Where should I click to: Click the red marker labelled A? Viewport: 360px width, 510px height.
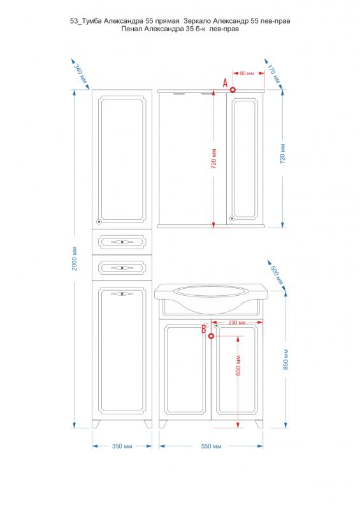(x=233, y=89)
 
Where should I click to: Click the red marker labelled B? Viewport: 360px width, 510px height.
(x=211, y=336)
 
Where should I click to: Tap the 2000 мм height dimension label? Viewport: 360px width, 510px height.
(x=75, y=259)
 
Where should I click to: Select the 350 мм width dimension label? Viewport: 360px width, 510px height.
(x=122, y=446)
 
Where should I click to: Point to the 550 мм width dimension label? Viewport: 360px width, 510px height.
(x=211, y=446)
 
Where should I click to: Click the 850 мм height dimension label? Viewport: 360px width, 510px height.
(x=286, y=360)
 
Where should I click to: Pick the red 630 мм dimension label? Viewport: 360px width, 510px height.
(x=238, y=365)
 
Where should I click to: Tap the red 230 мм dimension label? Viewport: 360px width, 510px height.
(x=237, y=323)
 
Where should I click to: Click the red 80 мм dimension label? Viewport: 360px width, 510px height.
(x=247, y=73)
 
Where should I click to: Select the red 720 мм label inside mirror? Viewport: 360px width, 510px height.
(x=213, y=158)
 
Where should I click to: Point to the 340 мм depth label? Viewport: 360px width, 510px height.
(x=80, y=73)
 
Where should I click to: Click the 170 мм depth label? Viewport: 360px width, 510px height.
(x=273, y=73)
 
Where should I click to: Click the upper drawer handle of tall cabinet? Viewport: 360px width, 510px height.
(x=122, y=242)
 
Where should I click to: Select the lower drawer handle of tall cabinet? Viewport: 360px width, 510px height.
(x=122, y=268)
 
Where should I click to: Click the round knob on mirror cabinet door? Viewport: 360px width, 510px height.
(x=232, y=219)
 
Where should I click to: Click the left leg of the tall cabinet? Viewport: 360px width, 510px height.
(x=96, y=423)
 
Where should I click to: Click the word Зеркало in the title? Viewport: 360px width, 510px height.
(x=197, y=21)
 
